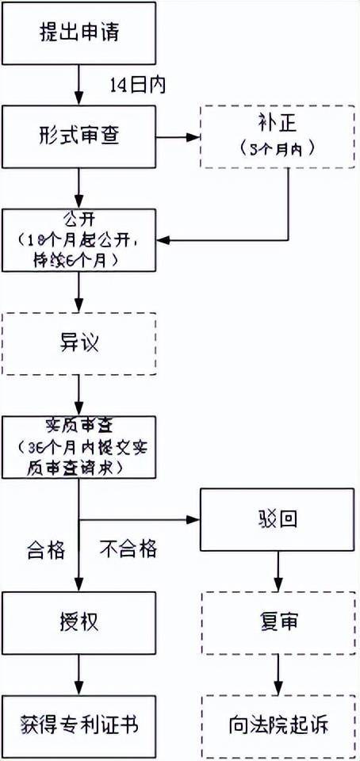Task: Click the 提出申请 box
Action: [79, 34]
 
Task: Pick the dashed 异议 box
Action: [79, 343]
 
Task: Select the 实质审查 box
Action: [79, 446]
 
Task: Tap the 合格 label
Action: [46, 548]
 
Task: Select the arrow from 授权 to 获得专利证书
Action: [79, 674]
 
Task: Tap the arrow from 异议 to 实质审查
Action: [79, 394]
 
